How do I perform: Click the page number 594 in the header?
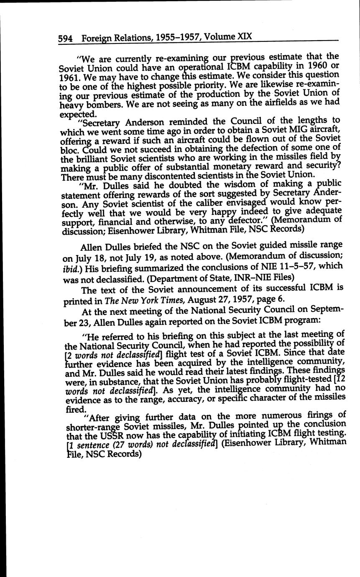pos(66,38)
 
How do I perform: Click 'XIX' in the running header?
pos(245,36)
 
